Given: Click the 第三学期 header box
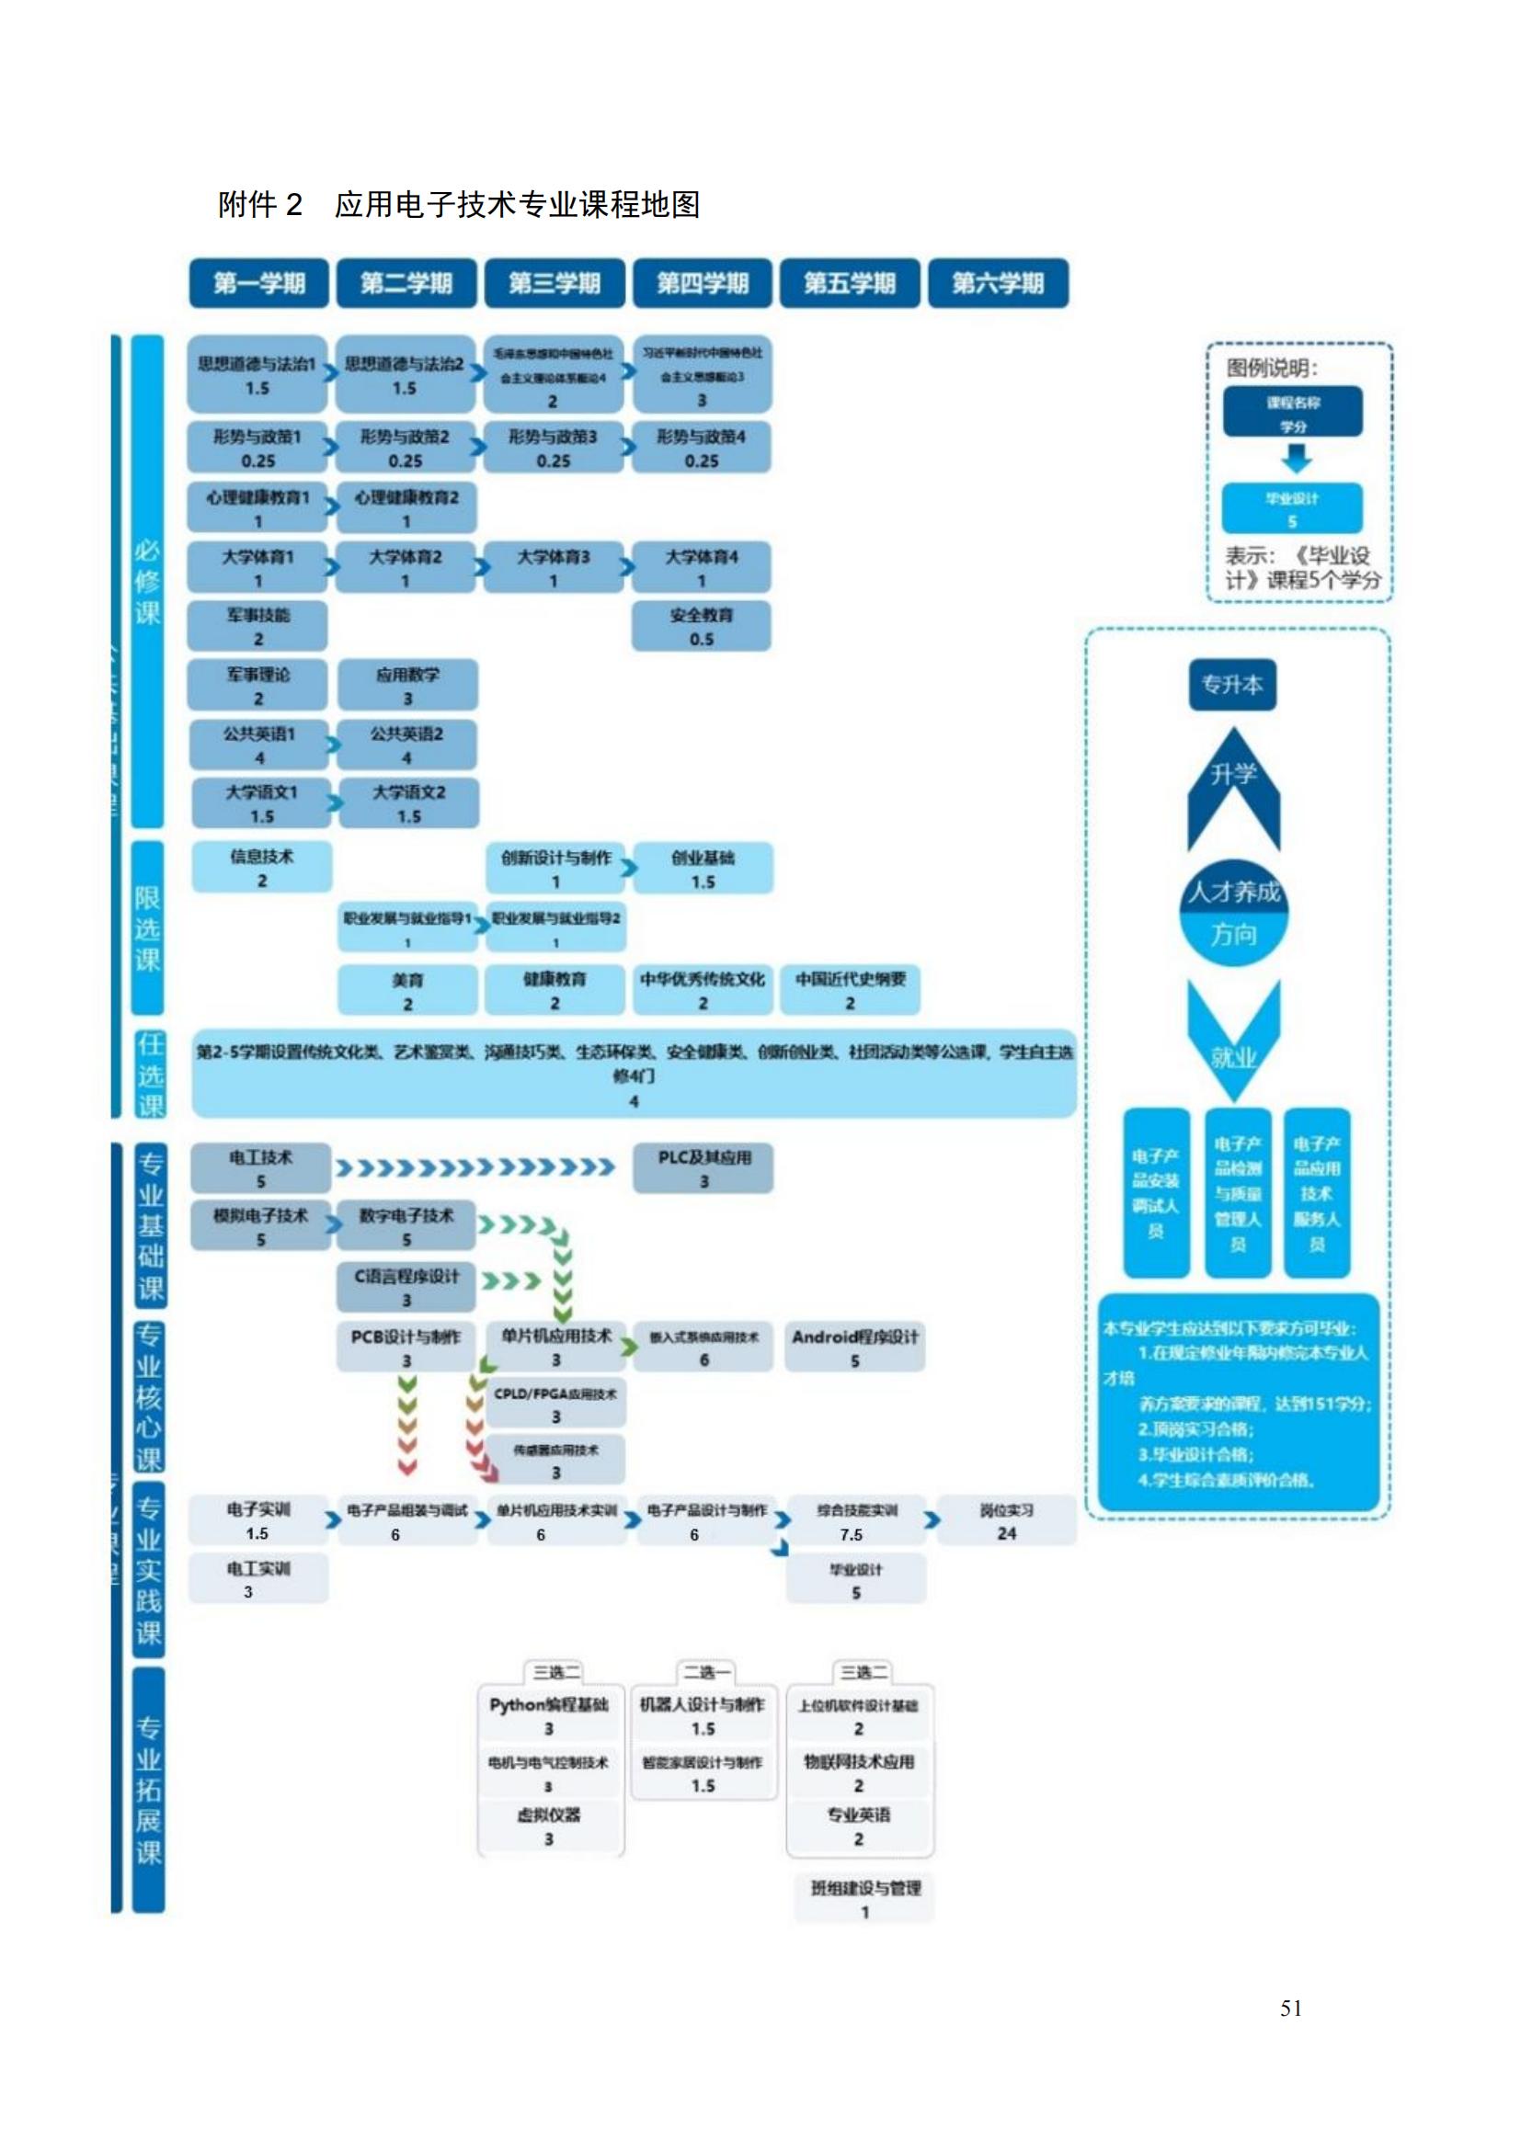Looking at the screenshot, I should coord(554,283).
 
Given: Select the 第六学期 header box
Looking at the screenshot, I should coord(998,283).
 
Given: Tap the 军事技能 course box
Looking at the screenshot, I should coord(257,627).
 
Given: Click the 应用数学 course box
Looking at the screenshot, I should coord(407,686).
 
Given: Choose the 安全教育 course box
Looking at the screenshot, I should coord(702,627).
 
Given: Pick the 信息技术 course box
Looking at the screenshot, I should coord(261,867).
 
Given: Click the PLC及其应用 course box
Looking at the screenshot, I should coord(703,1168).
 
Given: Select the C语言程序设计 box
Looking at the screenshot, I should coord(406,1288).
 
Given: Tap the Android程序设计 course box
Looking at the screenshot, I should coord(855,1348).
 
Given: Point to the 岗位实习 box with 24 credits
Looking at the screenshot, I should coord(1007,1520).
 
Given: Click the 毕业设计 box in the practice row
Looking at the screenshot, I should coord(856,1580).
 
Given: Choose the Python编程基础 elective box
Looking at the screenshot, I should coord(549,1715).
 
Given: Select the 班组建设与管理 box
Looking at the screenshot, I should coord(864,1899).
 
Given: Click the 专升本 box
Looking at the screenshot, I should coord(1232,685).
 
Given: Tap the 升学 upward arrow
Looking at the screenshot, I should coord(1233,787).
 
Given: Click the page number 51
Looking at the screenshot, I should coord(1290,2008).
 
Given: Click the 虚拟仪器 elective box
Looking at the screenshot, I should coord(549,1827).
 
